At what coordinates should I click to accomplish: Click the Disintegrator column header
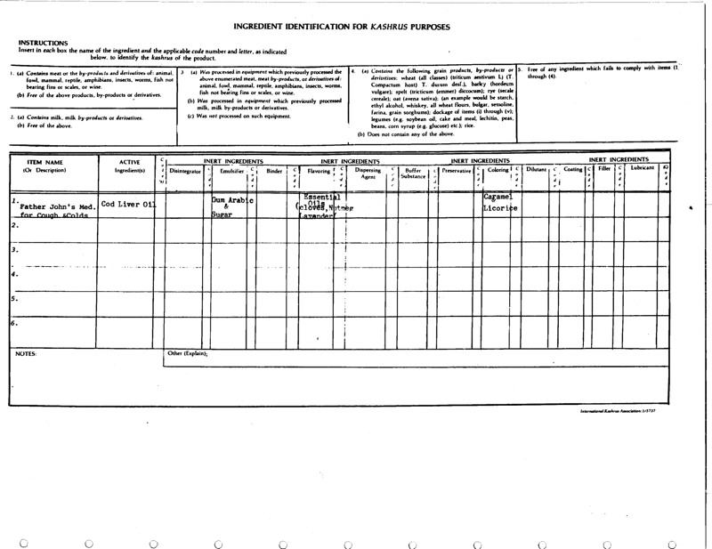(185, 170)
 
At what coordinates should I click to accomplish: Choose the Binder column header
(274, 170)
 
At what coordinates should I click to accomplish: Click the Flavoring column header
(319, 170)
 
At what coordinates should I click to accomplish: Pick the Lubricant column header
(642, 167)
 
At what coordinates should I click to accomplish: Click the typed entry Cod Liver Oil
(128, 205)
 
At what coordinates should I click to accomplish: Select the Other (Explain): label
(188, 353)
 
